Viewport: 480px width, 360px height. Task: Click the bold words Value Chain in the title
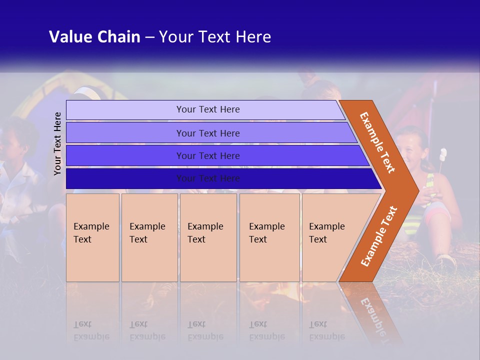point(94,37)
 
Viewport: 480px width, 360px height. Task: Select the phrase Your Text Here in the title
point(215,37)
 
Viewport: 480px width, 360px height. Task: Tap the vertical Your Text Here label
point(57,143)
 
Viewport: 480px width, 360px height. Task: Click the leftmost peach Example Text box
point(92,237)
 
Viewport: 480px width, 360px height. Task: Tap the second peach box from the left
point(149,237)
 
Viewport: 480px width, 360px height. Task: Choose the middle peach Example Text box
point(208,237)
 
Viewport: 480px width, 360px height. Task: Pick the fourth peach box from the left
point(269,237)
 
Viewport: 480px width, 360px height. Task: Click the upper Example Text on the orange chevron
point(377,142)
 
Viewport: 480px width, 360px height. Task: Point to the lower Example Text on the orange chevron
point(379,236)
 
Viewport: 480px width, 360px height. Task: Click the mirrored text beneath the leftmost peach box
point(91,330)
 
